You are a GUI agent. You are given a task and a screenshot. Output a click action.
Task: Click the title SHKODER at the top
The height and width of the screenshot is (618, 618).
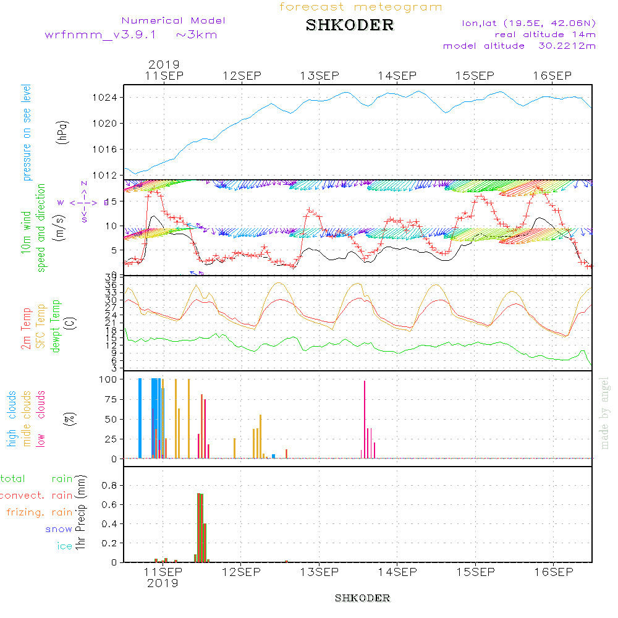[x=350, y=25]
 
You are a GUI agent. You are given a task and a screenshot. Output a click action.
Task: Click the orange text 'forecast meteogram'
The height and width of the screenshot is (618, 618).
[x=361, y=7]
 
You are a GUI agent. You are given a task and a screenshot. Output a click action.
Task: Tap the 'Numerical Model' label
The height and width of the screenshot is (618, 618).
[x=174, y=20]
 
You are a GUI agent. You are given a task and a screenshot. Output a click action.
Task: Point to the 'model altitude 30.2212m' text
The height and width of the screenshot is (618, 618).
[x=519, y=46]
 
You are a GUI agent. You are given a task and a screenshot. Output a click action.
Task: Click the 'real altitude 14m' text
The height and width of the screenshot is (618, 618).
[x=545, y=35]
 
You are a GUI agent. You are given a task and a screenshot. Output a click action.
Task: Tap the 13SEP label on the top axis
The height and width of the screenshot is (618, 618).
[x=320, y=76]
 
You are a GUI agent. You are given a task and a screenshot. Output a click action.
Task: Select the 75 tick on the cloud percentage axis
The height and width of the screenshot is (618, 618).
[x=109, y=399]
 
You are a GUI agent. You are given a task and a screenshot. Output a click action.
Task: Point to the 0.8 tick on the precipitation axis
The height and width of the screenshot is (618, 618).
[x=109, y=486]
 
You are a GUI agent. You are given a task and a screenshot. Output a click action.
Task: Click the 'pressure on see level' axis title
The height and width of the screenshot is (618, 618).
[x=27, y=133]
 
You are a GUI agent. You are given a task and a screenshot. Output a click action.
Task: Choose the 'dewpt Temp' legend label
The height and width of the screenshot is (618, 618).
[x=56, y=326]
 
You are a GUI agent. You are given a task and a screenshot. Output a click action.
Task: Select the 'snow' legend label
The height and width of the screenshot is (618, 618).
[x=59, y=530]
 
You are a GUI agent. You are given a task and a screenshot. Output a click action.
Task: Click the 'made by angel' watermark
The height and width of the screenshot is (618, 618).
[x=605, y=412]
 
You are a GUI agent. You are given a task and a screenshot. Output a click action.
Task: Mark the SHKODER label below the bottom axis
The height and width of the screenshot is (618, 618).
[x=362, y=598]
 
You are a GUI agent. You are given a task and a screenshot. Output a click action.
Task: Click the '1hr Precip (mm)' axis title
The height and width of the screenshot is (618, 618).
[x=80, y=513]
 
